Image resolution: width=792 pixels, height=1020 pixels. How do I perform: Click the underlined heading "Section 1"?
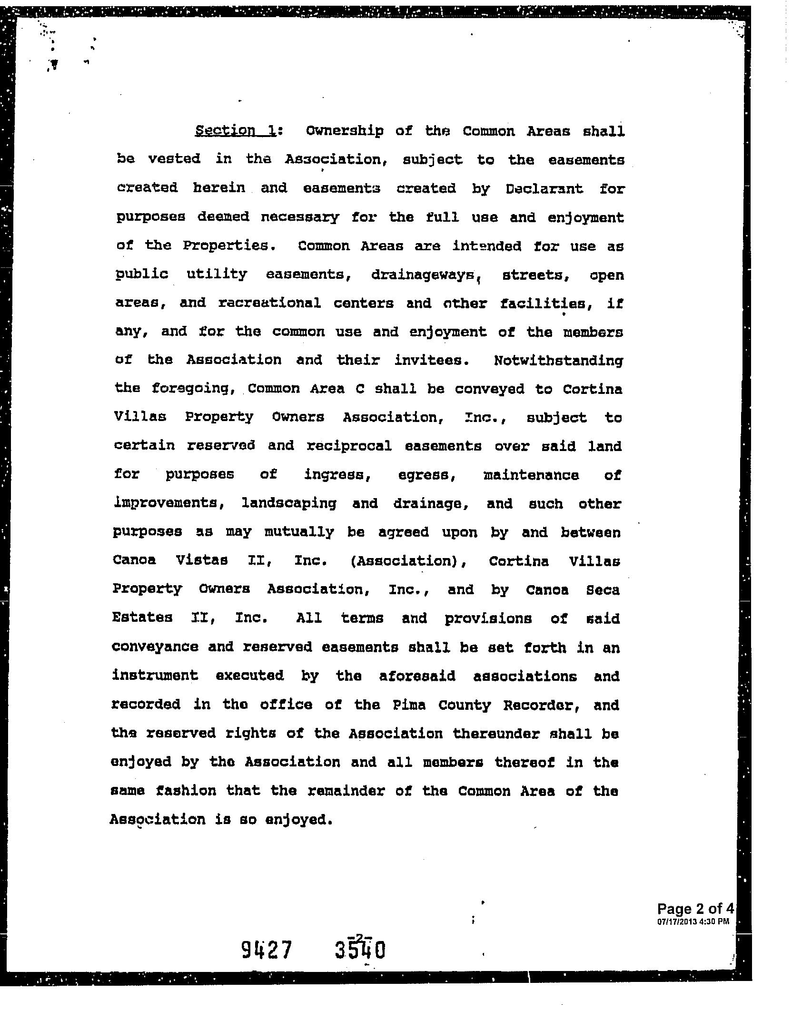235,130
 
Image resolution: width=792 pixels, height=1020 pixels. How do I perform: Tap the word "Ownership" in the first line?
344,131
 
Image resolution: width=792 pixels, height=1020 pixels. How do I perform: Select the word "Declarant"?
544,188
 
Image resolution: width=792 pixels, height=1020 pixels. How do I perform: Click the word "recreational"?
269,303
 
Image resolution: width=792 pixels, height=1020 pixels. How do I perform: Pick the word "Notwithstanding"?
558,360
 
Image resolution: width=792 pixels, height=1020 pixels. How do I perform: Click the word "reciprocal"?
349,446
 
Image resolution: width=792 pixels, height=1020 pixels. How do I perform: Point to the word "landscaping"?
289,503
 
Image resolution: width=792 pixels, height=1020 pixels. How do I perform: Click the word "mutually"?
299,532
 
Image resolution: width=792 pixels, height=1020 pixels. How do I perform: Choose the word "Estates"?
142,618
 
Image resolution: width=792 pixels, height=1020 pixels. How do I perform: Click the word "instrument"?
155,676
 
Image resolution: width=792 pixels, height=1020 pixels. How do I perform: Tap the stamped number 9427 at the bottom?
266,950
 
